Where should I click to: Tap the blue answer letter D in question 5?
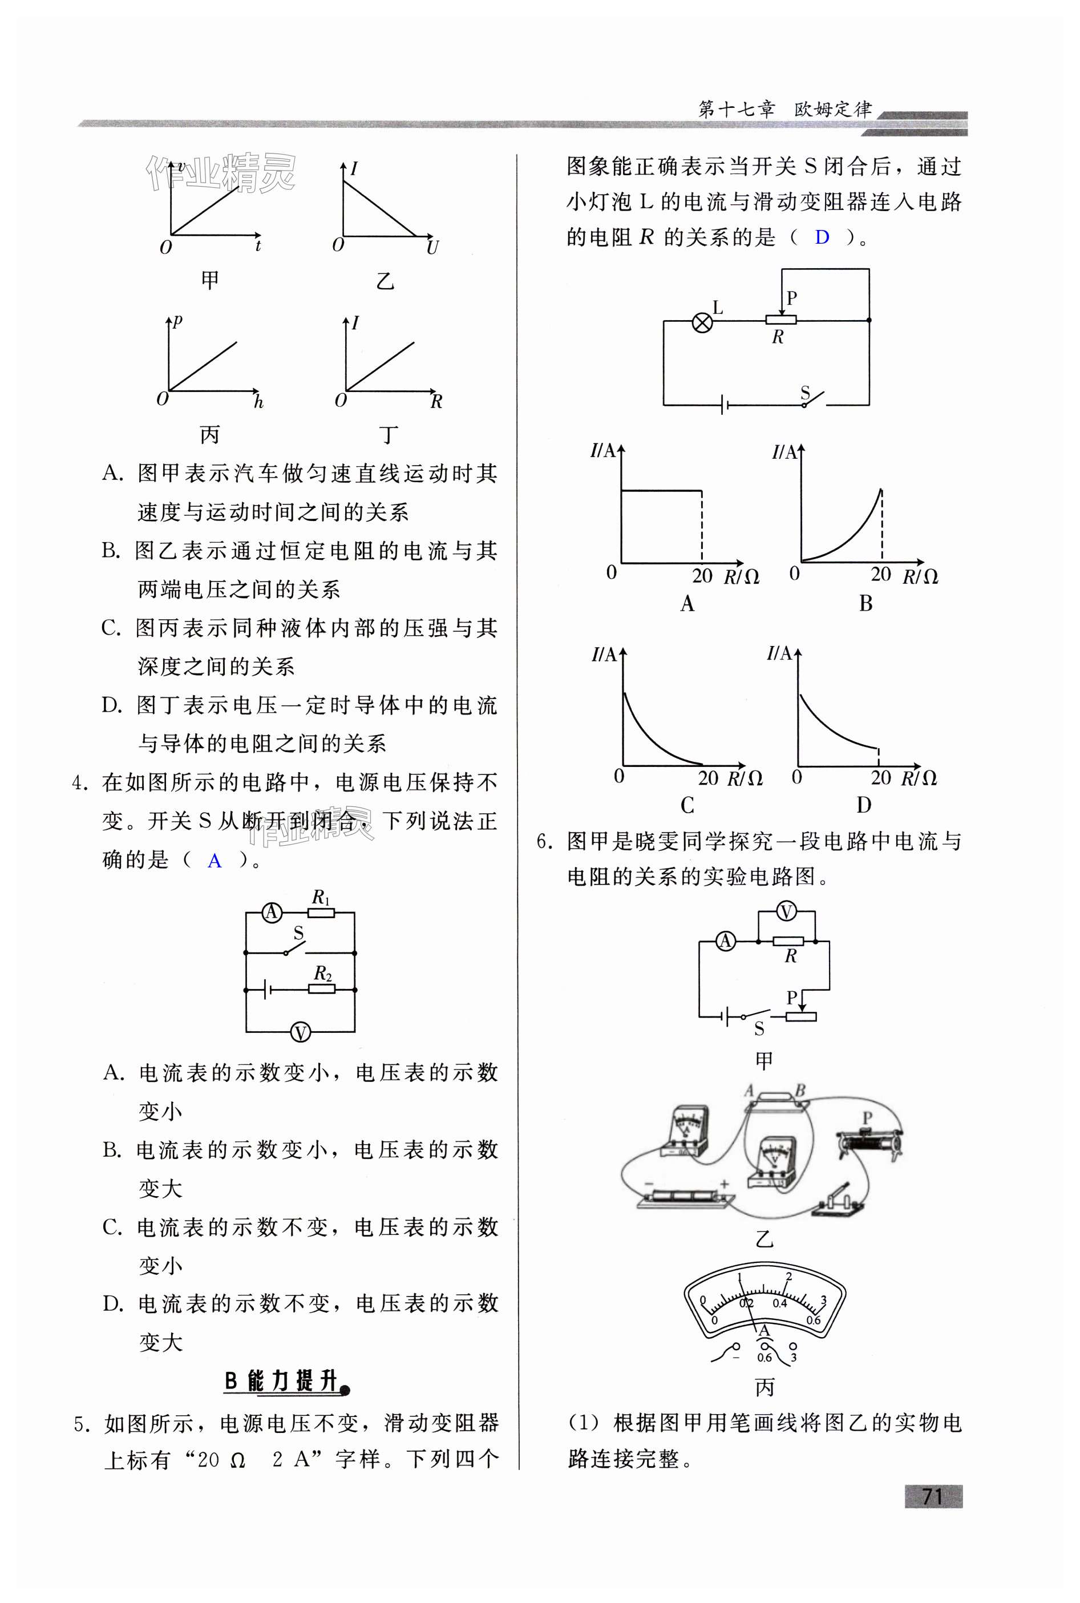coord(822,237)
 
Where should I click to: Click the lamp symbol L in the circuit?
coord(702,322)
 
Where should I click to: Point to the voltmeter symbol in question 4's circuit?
coord(300,1032)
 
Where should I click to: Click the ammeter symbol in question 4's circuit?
coord(272,912)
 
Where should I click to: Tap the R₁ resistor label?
coord(322,898)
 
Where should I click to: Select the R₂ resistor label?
coord(323,974)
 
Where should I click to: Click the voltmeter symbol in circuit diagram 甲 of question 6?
coord(786,912)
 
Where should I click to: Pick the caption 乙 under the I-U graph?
coord(385,281)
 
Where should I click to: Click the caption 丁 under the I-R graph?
coord(389,435)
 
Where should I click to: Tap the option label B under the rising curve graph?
coord(866,603)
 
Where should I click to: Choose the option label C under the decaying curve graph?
coord(687,805)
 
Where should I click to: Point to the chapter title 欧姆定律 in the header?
coord(834,109)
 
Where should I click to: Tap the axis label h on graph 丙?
coord(258,402)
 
